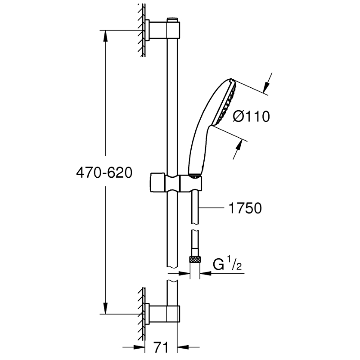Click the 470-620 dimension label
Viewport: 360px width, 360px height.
[104, 173]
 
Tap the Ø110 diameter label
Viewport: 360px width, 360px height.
[251, 117]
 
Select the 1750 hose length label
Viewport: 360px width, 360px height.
[245, 208]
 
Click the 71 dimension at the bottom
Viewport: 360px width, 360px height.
[161, 347]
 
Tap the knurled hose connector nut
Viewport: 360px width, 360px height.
[195, 260]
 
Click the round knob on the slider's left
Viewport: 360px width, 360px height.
[157, 182]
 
